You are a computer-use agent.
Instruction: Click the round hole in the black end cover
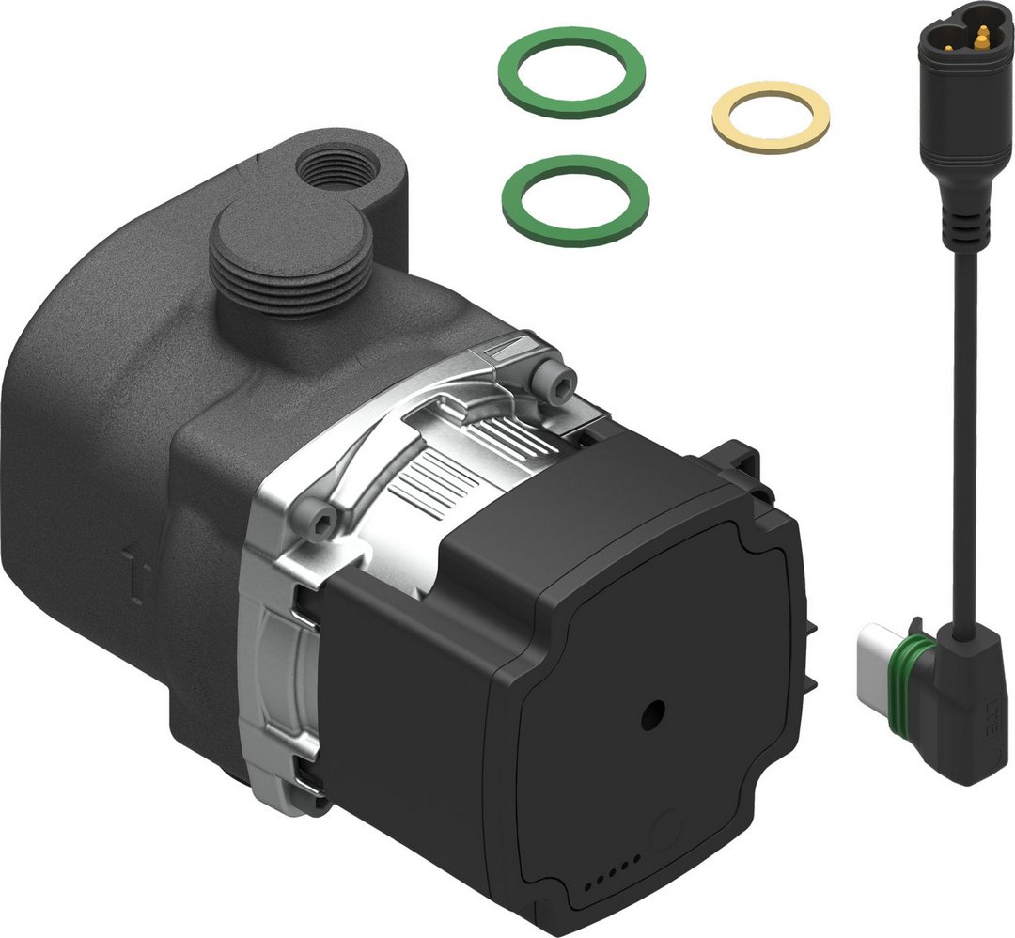pos(650,713)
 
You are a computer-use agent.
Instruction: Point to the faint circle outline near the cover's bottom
pos(668,828)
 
